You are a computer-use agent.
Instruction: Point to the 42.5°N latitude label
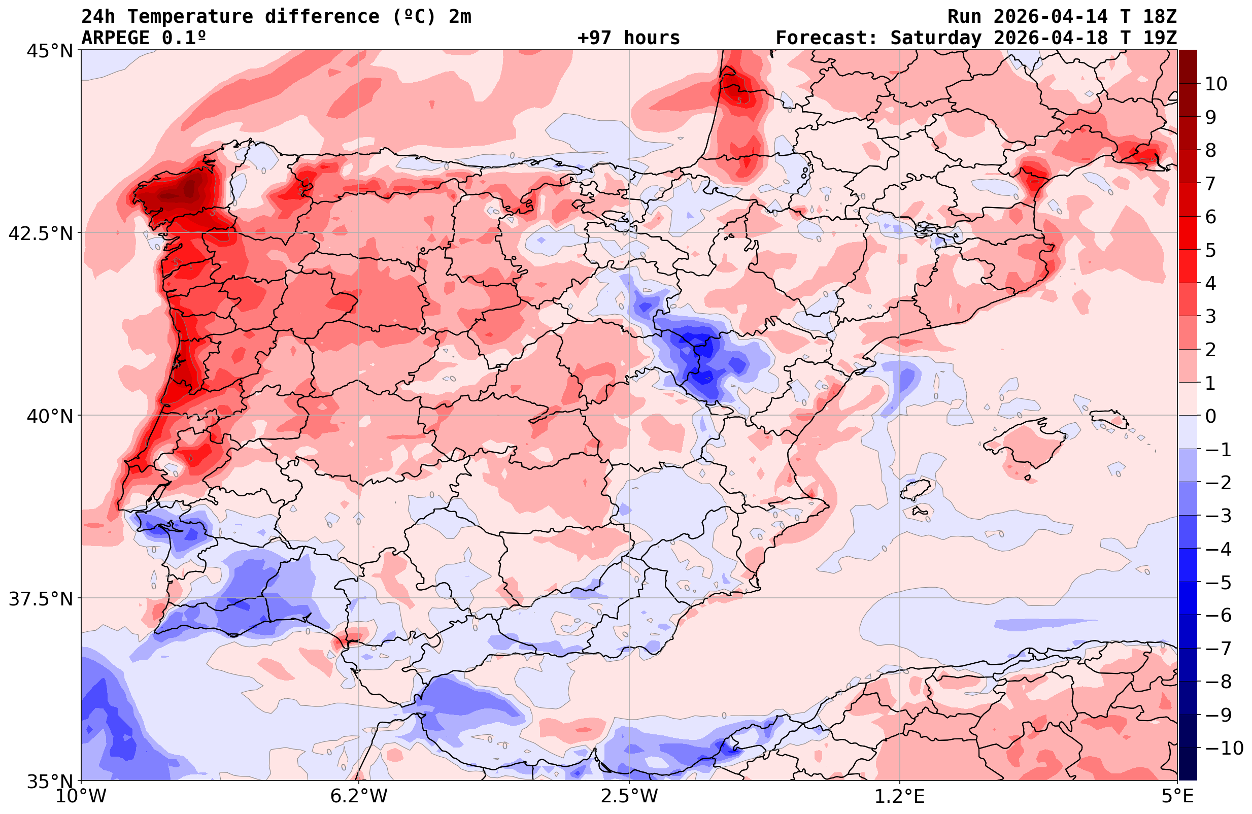(x=41, y=233)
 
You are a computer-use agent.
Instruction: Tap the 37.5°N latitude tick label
(x=41, y=599)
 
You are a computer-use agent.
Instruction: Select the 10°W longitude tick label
(x=81, y=796)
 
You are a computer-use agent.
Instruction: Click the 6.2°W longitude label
(x=359, y=796)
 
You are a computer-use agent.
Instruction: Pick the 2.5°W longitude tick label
(x=629, y=796)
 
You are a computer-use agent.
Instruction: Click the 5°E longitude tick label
(x=1177, y=796)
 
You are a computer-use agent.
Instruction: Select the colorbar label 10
(x=1215, y=84)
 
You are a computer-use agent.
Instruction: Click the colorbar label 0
(x=1210, y=416)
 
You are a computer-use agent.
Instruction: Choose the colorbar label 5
(x=1210, y=251)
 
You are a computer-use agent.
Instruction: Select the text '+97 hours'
(x=629, y=38)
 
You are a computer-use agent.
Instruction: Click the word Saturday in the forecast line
(x=936, y=38)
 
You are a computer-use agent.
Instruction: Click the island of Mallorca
(x=1026, y=442)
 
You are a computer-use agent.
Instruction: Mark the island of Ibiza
(x=916, y=489)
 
